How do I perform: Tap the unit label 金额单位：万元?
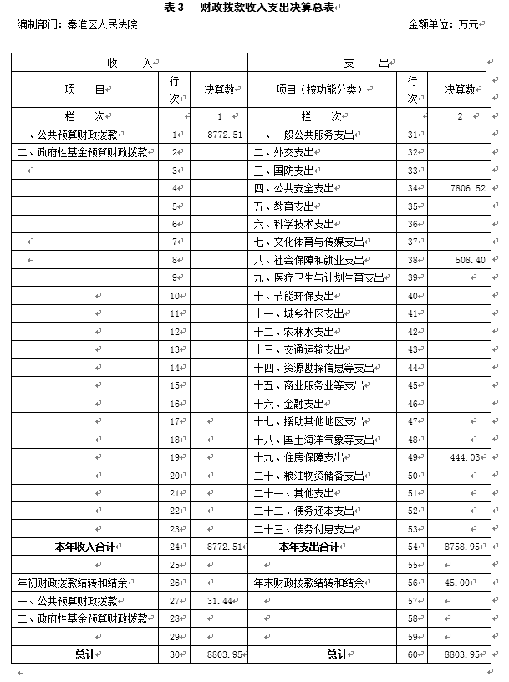click(x=443, y=25)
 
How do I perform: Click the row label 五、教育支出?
click(x=284, y=206)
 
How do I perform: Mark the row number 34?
click(x=412, y=189)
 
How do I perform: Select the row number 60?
click(x=412, y=654)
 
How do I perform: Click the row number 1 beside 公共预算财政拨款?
click(x=176, y=135)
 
